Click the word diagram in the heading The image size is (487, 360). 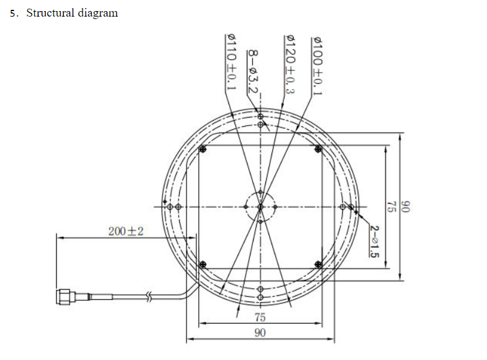click(x=99, y=13)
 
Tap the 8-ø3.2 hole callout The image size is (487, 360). click(x=252, y=71)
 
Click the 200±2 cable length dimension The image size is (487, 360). click(x=126, y=231)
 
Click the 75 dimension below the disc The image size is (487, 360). click(x=260, y=317)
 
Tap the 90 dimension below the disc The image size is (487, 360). click(x=260, y=332)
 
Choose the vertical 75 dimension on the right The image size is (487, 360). click(x=390, y=206)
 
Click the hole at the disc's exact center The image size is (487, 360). click(x=260, y=207)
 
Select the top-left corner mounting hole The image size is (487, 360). click(x=203, y=149)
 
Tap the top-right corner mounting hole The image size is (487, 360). click(x=318, y=149)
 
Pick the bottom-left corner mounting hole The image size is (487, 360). click(x=203, y=264)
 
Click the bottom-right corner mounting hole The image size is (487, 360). click(x=318, y=264)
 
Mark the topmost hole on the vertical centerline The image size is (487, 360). click(x=260, y=116)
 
